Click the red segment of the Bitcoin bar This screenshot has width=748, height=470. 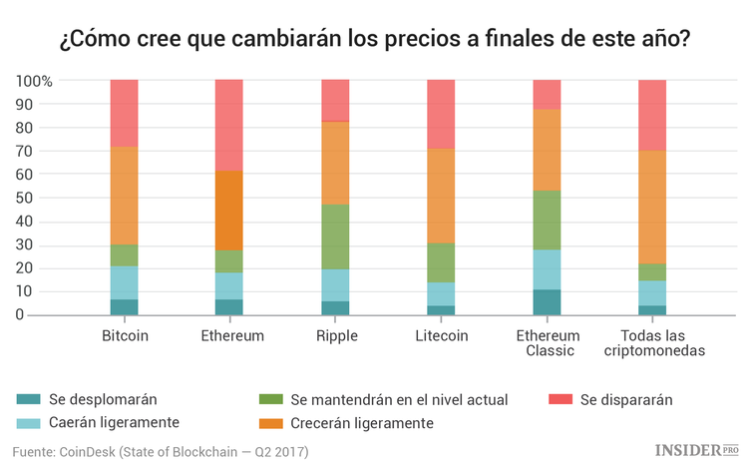tap(125, 113)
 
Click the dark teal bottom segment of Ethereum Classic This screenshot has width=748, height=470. tap(547, 302)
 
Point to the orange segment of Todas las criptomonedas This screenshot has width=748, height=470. tap(652, 207)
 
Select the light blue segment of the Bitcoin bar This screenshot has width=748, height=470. tap(125, 282)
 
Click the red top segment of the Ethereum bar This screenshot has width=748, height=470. tap(229, 125)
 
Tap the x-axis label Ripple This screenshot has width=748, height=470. tap(335, 335)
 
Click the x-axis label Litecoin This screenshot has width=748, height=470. tap(441, 335)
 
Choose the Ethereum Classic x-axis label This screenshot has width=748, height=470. tap(547, 342)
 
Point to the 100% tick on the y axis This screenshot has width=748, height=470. tap(35, 80)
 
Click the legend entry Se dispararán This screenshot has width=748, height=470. tap(623, 399)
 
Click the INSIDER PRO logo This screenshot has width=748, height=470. tap(695, 451)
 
